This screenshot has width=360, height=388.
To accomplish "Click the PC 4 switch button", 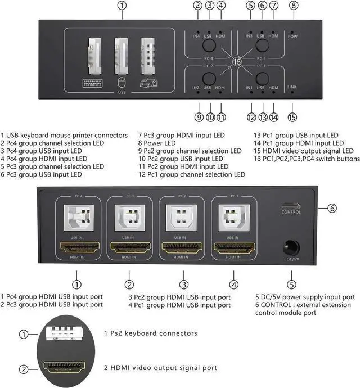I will [x=209, y=46].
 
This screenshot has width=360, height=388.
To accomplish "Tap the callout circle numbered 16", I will [x=237, y=62].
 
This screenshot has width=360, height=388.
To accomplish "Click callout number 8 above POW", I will [x=292, y=6].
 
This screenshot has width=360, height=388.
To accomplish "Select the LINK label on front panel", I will [x=292, y=87].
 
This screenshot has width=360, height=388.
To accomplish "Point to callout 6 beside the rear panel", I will [x=332, y=208].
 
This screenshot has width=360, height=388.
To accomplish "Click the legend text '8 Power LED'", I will [x=160, y=143].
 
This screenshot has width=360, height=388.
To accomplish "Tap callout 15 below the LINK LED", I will [x=292, y=118].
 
